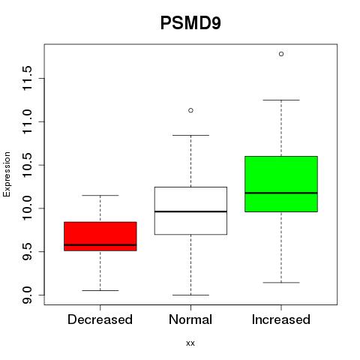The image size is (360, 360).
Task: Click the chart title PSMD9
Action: point(190,23)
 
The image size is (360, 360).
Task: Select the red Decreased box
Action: point(100,236)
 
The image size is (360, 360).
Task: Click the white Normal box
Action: point(190,211)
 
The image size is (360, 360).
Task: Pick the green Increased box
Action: point(281,184)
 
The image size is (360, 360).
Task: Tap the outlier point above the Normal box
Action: point(190,110)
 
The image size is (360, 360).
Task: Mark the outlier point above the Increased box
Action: point(281,54)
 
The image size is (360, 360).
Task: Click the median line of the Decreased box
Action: point(100,244)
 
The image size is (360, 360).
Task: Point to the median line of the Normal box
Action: point(190,211)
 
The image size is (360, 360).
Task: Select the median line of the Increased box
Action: point(281,193)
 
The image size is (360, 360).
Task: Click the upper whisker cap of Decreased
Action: point(100,195)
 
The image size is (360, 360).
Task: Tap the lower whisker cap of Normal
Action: point(190,295)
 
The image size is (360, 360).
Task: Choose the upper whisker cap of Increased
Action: point(281,100)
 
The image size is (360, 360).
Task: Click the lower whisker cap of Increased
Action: point(281,283)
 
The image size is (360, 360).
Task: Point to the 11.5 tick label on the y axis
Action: point(27,79)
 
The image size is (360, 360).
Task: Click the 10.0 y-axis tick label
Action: point(27,208)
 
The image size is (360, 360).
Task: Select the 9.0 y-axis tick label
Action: point(27,295)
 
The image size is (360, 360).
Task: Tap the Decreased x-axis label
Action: point(100,319)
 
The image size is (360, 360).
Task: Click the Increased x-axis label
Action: point(281,319)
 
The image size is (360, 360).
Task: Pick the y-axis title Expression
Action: point(7,174)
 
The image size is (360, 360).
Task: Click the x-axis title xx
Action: point(190,343)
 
